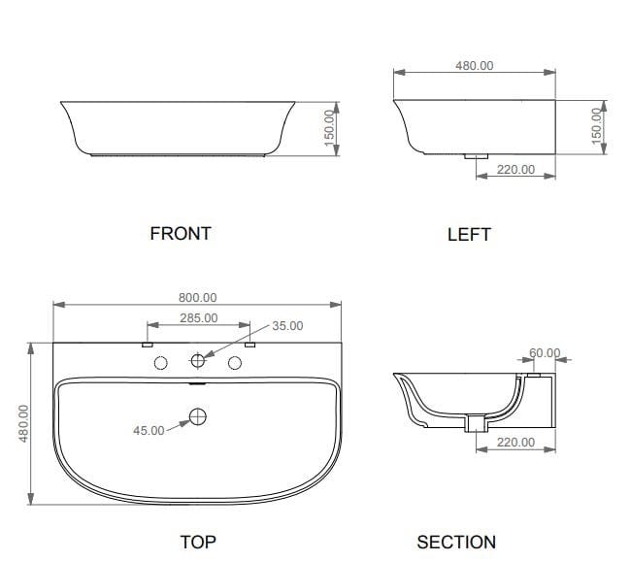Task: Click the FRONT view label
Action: pos(180,233)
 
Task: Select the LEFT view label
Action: pos(469,234)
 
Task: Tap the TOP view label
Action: pos(197,542)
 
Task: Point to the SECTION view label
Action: pos(456,542)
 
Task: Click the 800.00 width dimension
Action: pos(197,298)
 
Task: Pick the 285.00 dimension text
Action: pos(198,317)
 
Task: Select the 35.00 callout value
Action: pos(287,326)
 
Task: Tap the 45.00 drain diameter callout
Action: pos(149,430)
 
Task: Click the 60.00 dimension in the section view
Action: pos(546,352)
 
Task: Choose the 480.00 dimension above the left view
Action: pos(474,66)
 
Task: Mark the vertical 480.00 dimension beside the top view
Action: pos(24,423)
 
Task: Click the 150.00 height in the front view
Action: pos(329,125)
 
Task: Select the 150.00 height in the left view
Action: pos(597,125)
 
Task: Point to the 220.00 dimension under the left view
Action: pos(515,169)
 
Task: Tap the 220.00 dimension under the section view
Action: pos(515,442)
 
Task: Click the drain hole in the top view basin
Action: pos(198,417)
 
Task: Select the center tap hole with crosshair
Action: pos(198,362)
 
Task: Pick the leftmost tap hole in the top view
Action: pos(161,362)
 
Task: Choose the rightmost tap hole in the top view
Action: pos(235,362)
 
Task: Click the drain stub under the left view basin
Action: pos(476,154)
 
